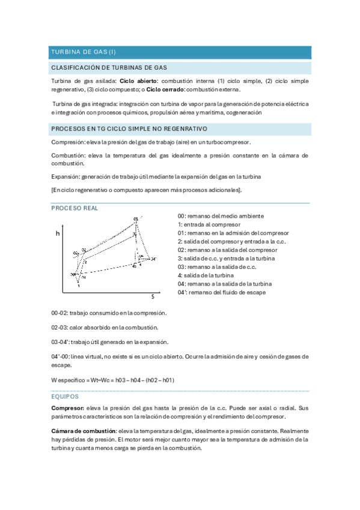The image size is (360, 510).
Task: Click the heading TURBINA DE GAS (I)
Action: [x=83, y=52]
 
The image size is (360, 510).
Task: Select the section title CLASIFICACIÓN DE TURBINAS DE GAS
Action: [x=109, y=68]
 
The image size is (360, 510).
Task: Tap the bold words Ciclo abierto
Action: [x=138, y=81]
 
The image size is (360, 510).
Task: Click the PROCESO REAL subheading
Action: [x=75, y=207]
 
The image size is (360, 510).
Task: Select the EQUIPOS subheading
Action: [x=65, y=397]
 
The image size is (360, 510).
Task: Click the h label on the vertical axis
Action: [x=58, y=232]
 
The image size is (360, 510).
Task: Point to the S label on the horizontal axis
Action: [x=152, y=296]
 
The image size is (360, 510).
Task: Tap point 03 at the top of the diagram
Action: [x=136, y=219]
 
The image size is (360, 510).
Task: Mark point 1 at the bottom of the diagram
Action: [x=79, y=286]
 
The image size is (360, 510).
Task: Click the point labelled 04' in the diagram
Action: [x=153, y=259]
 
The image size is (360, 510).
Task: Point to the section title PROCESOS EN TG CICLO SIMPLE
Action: [x=129, y=129]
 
